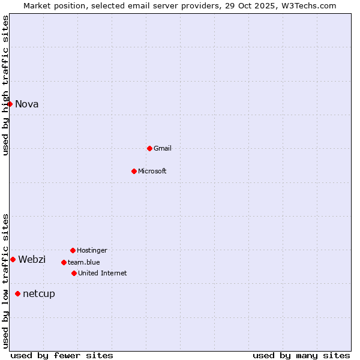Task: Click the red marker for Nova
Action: (x=10, y=104)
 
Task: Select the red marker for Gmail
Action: (x=149, y=148)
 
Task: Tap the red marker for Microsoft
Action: (x=134, y=171)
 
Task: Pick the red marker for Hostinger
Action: (x=73, y=250)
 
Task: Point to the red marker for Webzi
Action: (x=13, y=259)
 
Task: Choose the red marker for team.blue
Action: (x=64, y=262)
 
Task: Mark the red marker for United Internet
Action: (x=74, y=273)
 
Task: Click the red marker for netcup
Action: (x=17, y=293)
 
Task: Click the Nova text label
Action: (x=27, y=104)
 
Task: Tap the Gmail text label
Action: (x=163, y=149)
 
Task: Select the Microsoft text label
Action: (x=152, y=172)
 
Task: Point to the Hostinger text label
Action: (x=92, y=251)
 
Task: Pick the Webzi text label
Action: (x=32, y=260)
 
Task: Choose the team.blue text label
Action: (x=84, y=263)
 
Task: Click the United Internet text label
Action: (x=103, y=274)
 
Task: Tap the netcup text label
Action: (x=39, y=294)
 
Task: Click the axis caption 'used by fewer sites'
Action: (x=62, y=356)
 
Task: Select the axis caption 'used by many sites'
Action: (x=301, y=356)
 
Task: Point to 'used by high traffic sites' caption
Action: (x=6, y=86)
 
